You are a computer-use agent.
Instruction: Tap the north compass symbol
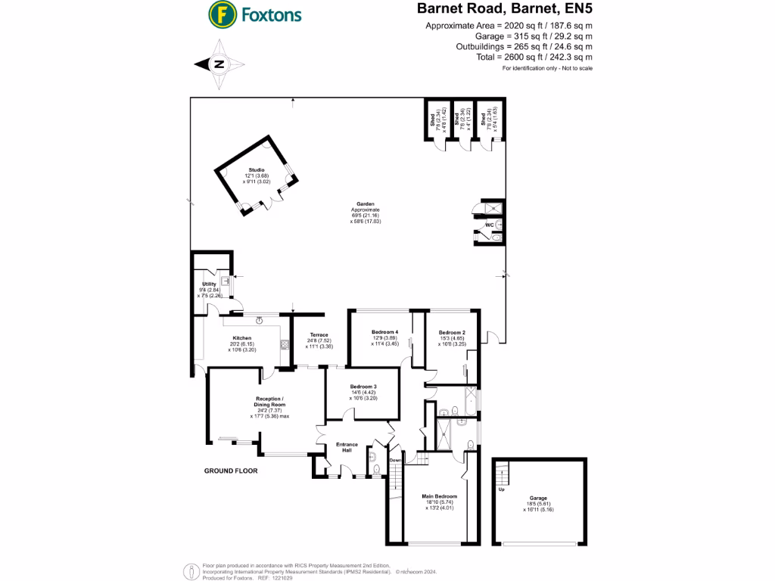[219, 64]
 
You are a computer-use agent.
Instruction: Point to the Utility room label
[209, 284]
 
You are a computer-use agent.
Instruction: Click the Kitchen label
[242, 338]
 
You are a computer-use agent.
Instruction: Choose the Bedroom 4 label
[384, 332]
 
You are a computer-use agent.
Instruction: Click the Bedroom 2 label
[452, 332]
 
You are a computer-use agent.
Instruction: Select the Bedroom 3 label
[363, 387]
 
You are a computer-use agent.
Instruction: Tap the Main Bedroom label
[440, 496]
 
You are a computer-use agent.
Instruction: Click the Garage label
[538, 499]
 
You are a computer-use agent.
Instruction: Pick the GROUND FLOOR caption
[231, 471]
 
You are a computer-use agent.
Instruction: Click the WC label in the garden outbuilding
[489, 225]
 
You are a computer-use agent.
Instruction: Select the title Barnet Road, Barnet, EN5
[505, 10]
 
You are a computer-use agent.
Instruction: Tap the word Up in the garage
[501, 489]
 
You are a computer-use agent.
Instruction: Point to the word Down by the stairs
[396, 460]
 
